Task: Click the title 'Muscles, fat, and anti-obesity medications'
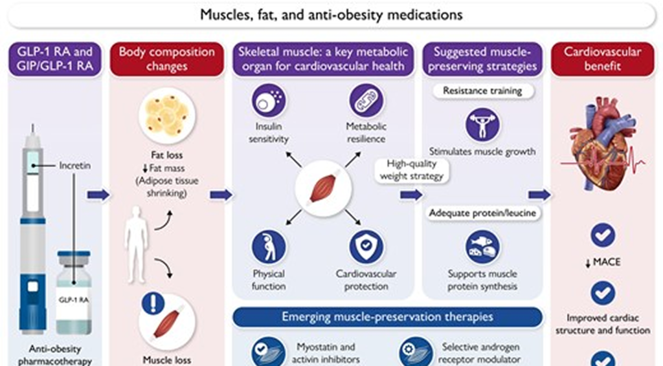pos(331,14)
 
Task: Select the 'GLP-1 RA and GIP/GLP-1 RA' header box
pos(55,59)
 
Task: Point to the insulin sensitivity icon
pos(269,101)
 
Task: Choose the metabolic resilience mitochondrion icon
pos(366,101)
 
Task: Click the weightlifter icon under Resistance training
pos(482,124)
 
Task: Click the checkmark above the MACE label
pos(602,235)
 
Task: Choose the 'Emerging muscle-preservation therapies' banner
pos(387,317)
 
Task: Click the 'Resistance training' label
pos(482,91)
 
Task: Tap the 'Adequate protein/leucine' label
pos(483,213)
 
